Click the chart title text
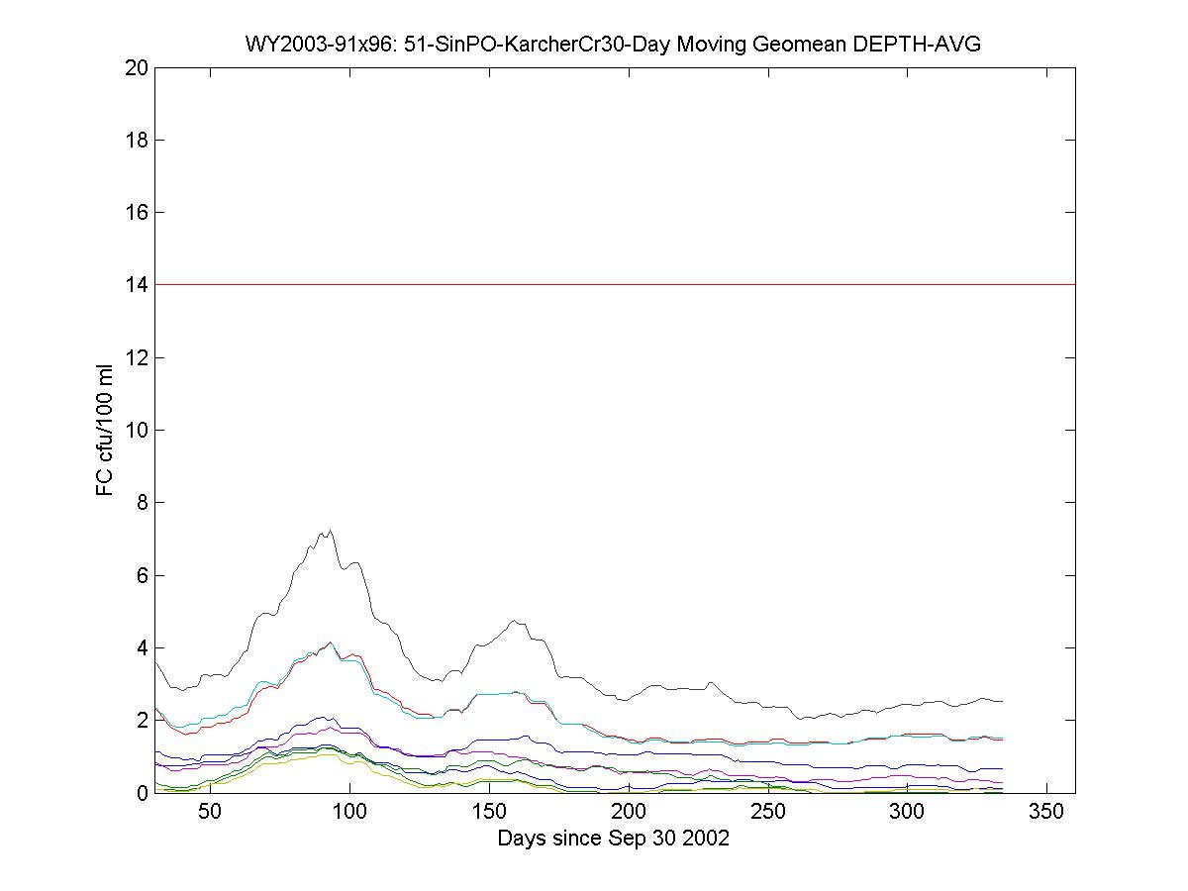[613, 45]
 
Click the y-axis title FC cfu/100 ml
[105, 430]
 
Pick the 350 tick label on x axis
[1046, 813]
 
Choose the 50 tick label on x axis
[210, 813]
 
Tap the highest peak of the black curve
[329, 531]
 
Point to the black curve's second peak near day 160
[514, 622]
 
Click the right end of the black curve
[1002, 701]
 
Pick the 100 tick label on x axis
[349, 813]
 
